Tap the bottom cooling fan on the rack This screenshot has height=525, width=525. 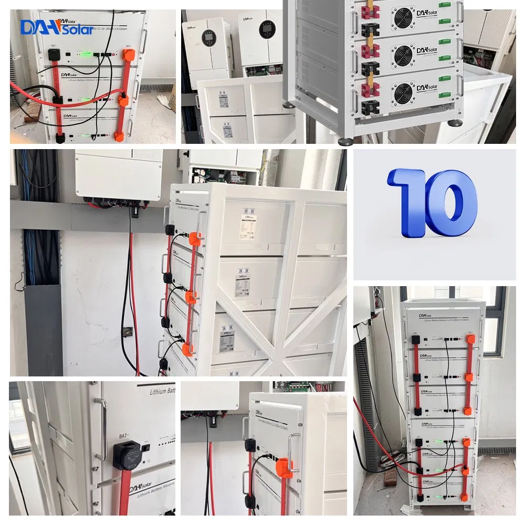[x=403, y=87]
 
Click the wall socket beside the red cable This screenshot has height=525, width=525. [x=127, y=332]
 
